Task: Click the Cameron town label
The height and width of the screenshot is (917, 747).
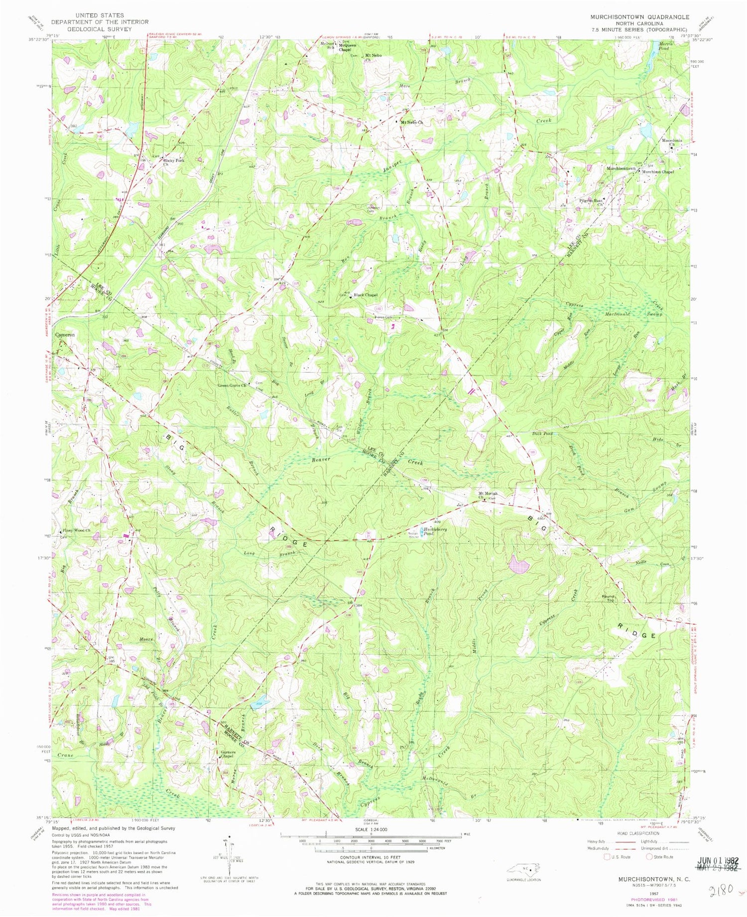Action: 65,335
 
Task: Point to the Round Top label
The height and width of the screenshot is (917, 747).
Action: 609,598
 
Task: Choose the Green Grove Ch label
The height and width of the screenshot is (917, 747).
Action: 232,386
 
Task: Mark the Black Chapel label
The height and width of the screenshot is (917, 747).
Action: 366,295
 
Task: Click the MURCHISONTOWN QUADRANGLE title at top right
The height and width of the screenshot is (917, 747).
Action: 639,16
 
